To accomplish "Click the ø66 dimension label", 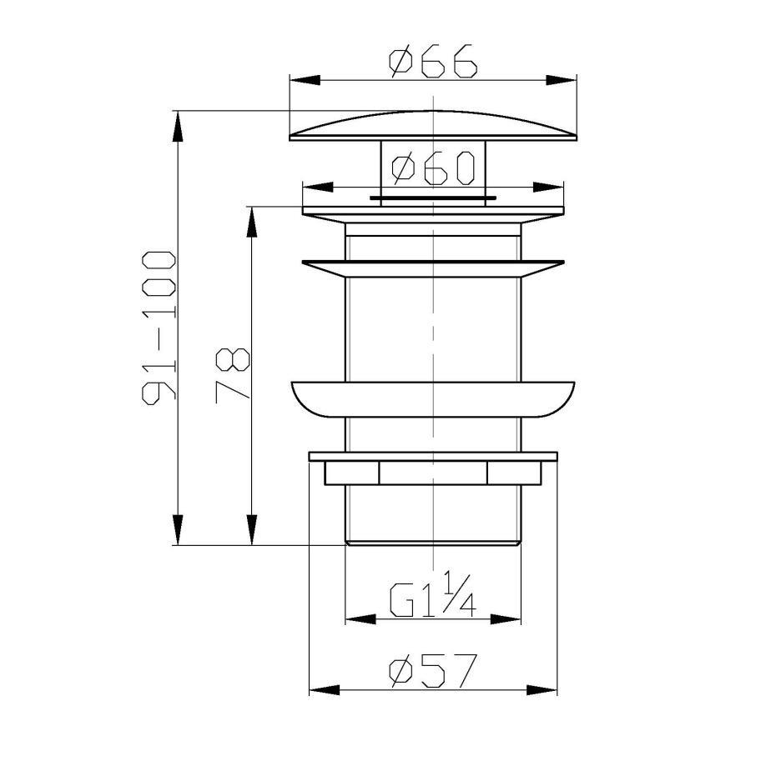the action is click(x=432, y=61).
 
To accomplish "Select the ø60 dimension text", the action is click(x=433, y=168).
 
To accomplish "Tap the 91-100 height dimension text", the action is click(x=159, y=328).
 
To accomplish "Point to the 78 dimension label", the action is click(x=232, y=375).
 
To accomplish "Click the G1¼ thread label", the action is click(x=432, y=595).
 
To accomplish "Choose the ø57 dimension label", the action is click(x=432, y=670).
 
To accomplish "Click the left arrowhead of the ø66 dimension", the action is click(x=305, y=81).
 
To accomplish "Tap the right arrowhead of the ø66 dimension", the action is click(x=562, y=81).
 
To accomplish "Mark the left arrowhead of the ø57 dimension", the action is click(x=325, y=690).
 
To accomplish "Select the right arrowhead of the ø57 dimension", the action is click(x=542, y=690).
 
